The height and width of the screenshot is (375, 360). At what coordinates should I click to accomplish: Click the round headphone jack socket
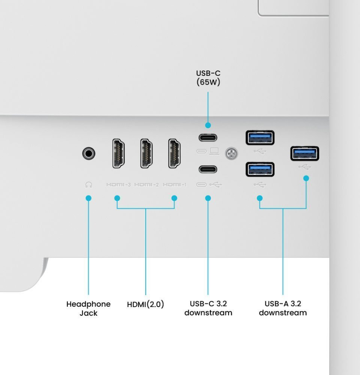click(x=89, y=153)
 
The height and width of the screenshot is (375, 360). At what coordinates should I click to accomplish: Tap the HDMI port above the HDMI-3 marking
click(x=119, y=153)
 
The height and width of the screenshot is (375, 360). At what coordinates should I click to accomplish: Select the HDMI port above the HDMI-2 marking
click(x=146, y=153)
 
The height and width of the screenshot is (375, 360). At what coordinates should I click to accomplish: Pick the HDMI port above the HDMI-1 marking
click(x=174, y=153)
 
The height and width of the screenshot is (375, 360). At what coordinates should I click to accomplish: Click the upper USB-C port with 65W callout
click(x=208, y=137)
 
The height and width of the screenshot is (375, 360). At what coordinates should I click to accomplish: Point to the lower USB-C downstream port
click(x=208, y=169)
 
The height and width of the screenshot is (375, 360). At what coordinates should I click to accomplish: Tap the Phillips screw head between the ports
click(x=231, y=153)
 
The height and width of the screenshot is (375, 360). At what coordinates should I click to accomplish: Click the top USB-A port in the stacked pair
click(x=260, y=138)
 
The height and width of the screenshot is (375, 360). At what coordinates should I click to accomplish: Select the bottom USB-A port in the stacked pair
click(x=260, y=170)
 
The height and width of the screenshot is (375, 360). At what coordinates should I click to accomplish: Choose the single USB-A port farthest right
click(x=305, y=153)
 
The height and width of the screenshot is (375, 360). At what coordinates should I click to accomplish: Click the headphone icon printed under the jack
click(x=89, y=185)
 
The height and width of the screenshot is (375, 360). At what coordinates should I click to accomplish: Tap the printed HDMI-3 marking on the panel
click(x=119, y=185)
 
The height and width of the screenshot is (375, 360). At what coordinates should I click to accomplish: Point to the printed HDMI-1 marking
click(x=174, y=185)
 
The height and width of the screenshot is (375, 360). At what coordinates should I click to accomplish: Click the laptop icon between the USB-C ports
click(x=214, y=151)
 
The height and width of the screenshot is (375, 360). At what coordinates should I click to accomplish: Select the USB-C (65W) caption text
click(x=208, y=78)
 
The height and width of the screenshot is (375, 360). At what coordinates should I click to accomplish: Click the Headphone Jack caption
click(x=88, y=308)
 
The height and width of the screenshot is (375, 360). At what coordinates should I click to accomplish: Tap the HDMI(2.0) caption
click(x=146, y=304)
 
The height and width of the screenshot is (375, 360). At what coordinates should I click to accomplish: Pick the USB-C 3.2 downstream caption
click(x=208, y=308)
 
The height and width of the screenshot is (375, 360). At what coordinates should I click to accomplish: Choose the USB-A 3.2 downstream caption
click(x=283, y=308)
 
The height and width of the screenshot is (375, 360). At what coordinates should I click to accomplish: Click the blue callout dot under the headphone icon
click(x=88, y=198)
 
